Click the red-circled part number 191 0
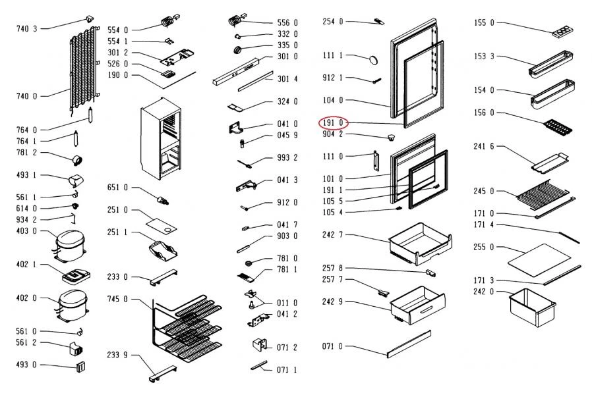click(x=333, y=122)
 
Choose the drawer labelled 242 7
click(x=419, y=242)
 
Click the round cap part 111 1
click(x=374, y=61)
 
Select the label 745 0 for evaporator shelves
click(x=118, y=299)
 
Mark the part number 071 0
click(x=333, y=346)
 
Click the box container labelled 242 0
click(x=531, y=307)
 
